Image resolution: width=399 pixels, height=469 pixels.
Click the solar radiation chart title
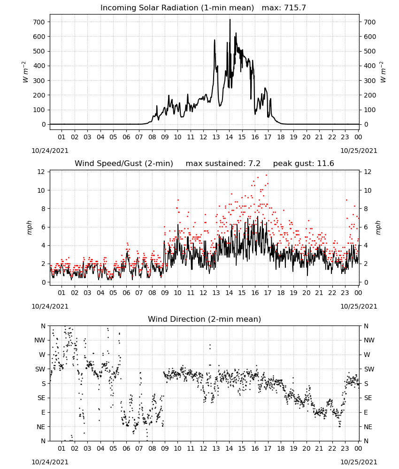[203, 8]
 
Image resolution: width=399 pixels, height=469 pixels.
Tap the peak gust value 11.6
[325, 163]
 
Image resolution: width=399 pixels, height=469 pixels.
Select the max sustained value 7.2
[254, 163]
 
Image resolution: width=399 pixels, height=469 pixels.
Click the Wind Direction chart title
[205, 319]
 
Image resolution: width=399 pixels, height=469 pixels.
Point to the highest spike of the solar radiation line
[230, 19]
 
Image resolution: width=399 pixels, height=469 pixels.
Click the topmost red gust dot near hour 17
[267, 175]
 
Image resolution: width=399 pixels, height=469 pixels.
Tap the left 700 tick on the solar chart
[39, 22]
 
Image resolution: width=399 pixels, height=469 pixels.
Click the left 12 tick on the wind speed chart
[41, 172]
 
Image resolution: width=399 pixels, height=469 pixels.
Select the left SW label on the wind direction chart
[40, 369]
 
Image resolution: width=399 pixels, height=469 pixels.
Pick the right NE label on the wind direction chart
[368, 427]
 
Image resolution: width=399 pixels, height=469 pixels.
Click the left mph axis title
[29, 227]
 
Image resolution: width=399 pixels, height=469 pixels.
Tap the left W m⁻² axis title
[25, 72]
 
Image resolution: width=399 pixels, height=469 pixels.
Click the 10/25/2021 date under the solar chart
[359, 151]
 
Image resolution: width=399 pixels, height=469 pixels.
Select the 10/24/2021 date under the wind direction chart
[50, 462]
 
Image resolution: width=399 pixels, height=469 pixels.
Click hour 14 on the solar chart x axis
[229, 137]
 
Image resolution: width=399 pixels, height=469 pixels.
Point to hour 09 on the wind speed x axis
[165, 293]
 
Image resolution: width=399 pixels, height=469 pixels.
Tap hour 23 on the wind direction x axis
[345, 448]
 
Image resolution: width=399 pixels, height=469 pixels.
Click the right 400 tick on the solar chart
[370, 66]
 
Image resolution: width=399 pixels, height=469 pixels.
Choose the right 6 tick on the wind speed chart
[366, 227]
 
